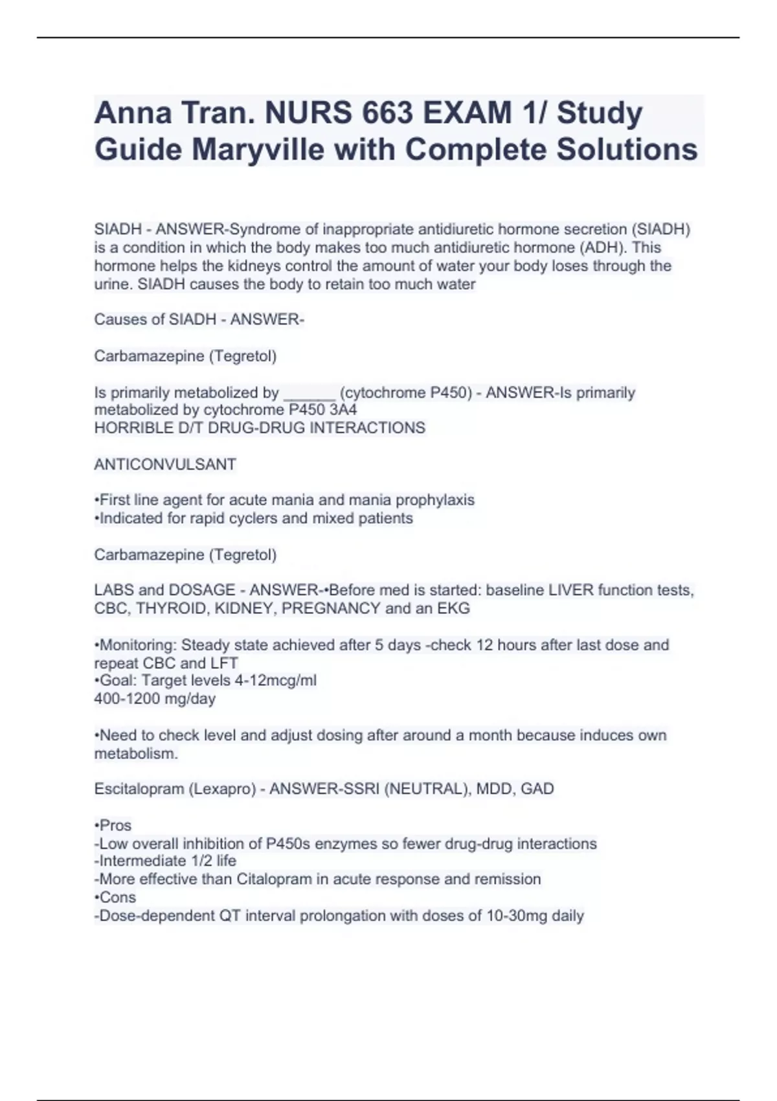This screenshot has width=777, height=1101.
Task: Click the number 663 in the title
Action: [x=388, y=113]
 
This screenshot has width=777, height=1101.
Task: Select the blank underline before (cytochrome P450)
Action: [x=310, y=393]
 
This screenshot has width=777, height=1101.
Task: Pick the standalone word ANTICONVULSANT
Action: [x=165, y=464]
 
